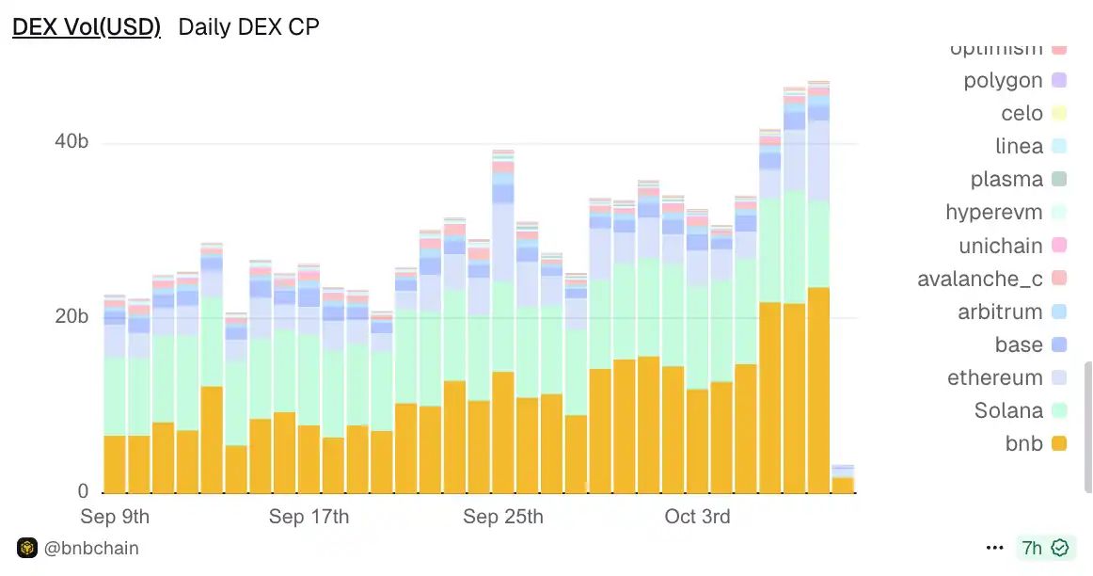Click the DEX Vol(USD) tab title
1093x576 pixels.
(x=87, y=26)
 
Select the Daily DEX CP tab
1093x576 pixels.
(x=249, y=26)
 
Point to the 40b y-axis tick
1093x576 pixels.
(x=71, y=142)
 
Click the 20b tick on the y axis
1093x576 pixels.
(x=71, y=316)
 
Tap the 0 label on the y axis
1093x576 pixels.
(x=84, y=491)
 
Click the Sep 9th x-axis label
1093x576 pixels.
(x=115, y=517)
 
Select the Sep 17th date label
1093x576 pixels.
(x=309, y=517)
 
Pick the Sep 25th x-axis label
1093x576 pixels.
(x=503, y=517)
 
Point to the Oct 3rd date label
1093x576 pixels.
(x=697, y=517)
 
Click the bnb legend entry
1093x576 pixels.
(x=1024, y=443)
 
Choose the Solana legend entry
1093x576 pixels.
(x=1009, y=410)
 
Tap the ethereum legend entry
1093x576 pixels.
(x=995, y=377)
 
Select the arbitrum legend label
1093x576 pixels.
(x=1000, y=312)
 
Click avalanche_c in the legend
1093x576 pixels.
(x=980, y=279)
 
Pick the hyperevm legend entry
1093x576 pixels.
(x=994, y=213)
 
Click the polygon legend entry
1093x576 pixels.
(x=1003, y=81)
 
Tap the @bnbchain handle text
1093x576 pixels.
(x=91, y=548)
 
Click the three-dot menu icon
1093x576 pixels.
(x=994, y=548)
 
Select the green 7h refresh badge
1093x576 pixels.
(x=1045, y=548)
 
